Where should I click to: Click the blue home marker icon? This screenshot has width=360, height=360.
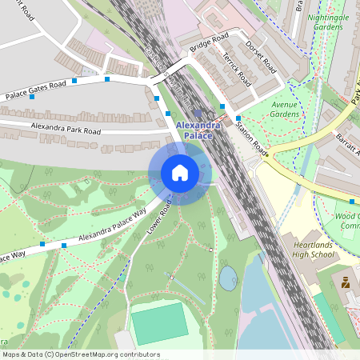coord(180,172)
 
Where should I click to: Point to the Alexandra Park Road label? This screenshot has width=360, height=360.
coord(66,129)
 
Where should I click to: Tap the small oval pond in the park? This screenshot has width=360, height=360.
coord(228,277)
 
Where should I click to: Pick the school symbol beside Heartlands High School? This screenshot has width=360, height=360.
coord(346,282)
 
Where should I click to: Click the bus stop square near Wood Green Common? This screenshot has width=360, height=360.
coord(352,201)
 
